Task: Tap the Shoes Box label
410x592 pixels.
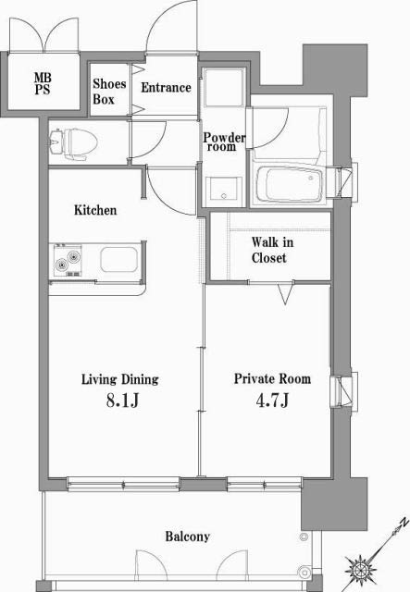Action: click(109, 91)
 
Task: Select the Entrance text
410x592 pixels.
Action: click(166, 88)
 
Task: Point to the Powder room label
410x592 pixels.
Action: click(224, 142)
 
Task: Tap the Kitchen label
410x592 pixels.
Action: click(95, 210)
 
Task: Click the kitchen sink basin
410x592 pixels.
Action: click(118, 259)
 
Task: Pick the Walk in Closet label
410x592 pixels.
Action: click(269, 251)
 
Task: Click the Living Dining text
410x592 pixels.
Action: click(119, 379)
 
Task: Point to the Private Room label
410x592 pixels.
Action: click(271, 379)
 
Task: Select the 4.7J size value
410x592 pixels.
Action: click(271, 401)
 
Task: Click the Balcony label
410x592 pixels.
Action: click(188, 536)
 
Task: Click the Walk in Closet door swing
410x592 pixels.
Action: click(286, 294)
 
